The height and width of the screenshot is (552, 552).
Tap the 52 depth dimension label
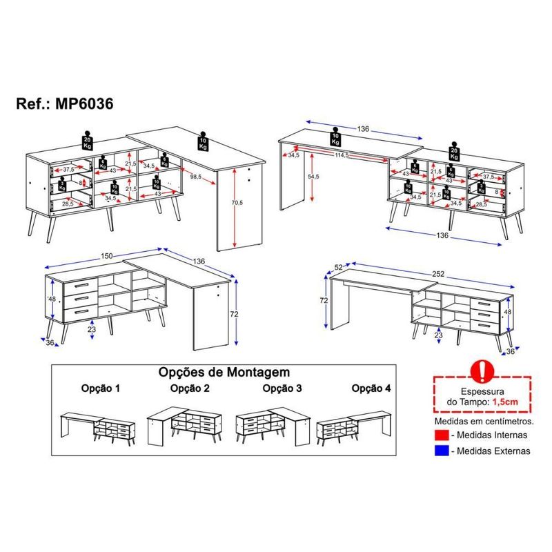click(x=338, y=266)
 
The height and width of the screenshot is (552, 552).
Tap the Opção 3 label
click(x=282, y=388)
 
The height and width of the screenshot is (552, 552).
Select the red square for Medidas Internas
click(x=442, y=435)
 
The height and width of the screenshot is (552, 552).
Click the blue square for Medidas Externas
click(x=442, y=451)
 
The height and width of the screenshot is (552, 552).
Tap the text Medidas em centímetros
click(x=481, y=420)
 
